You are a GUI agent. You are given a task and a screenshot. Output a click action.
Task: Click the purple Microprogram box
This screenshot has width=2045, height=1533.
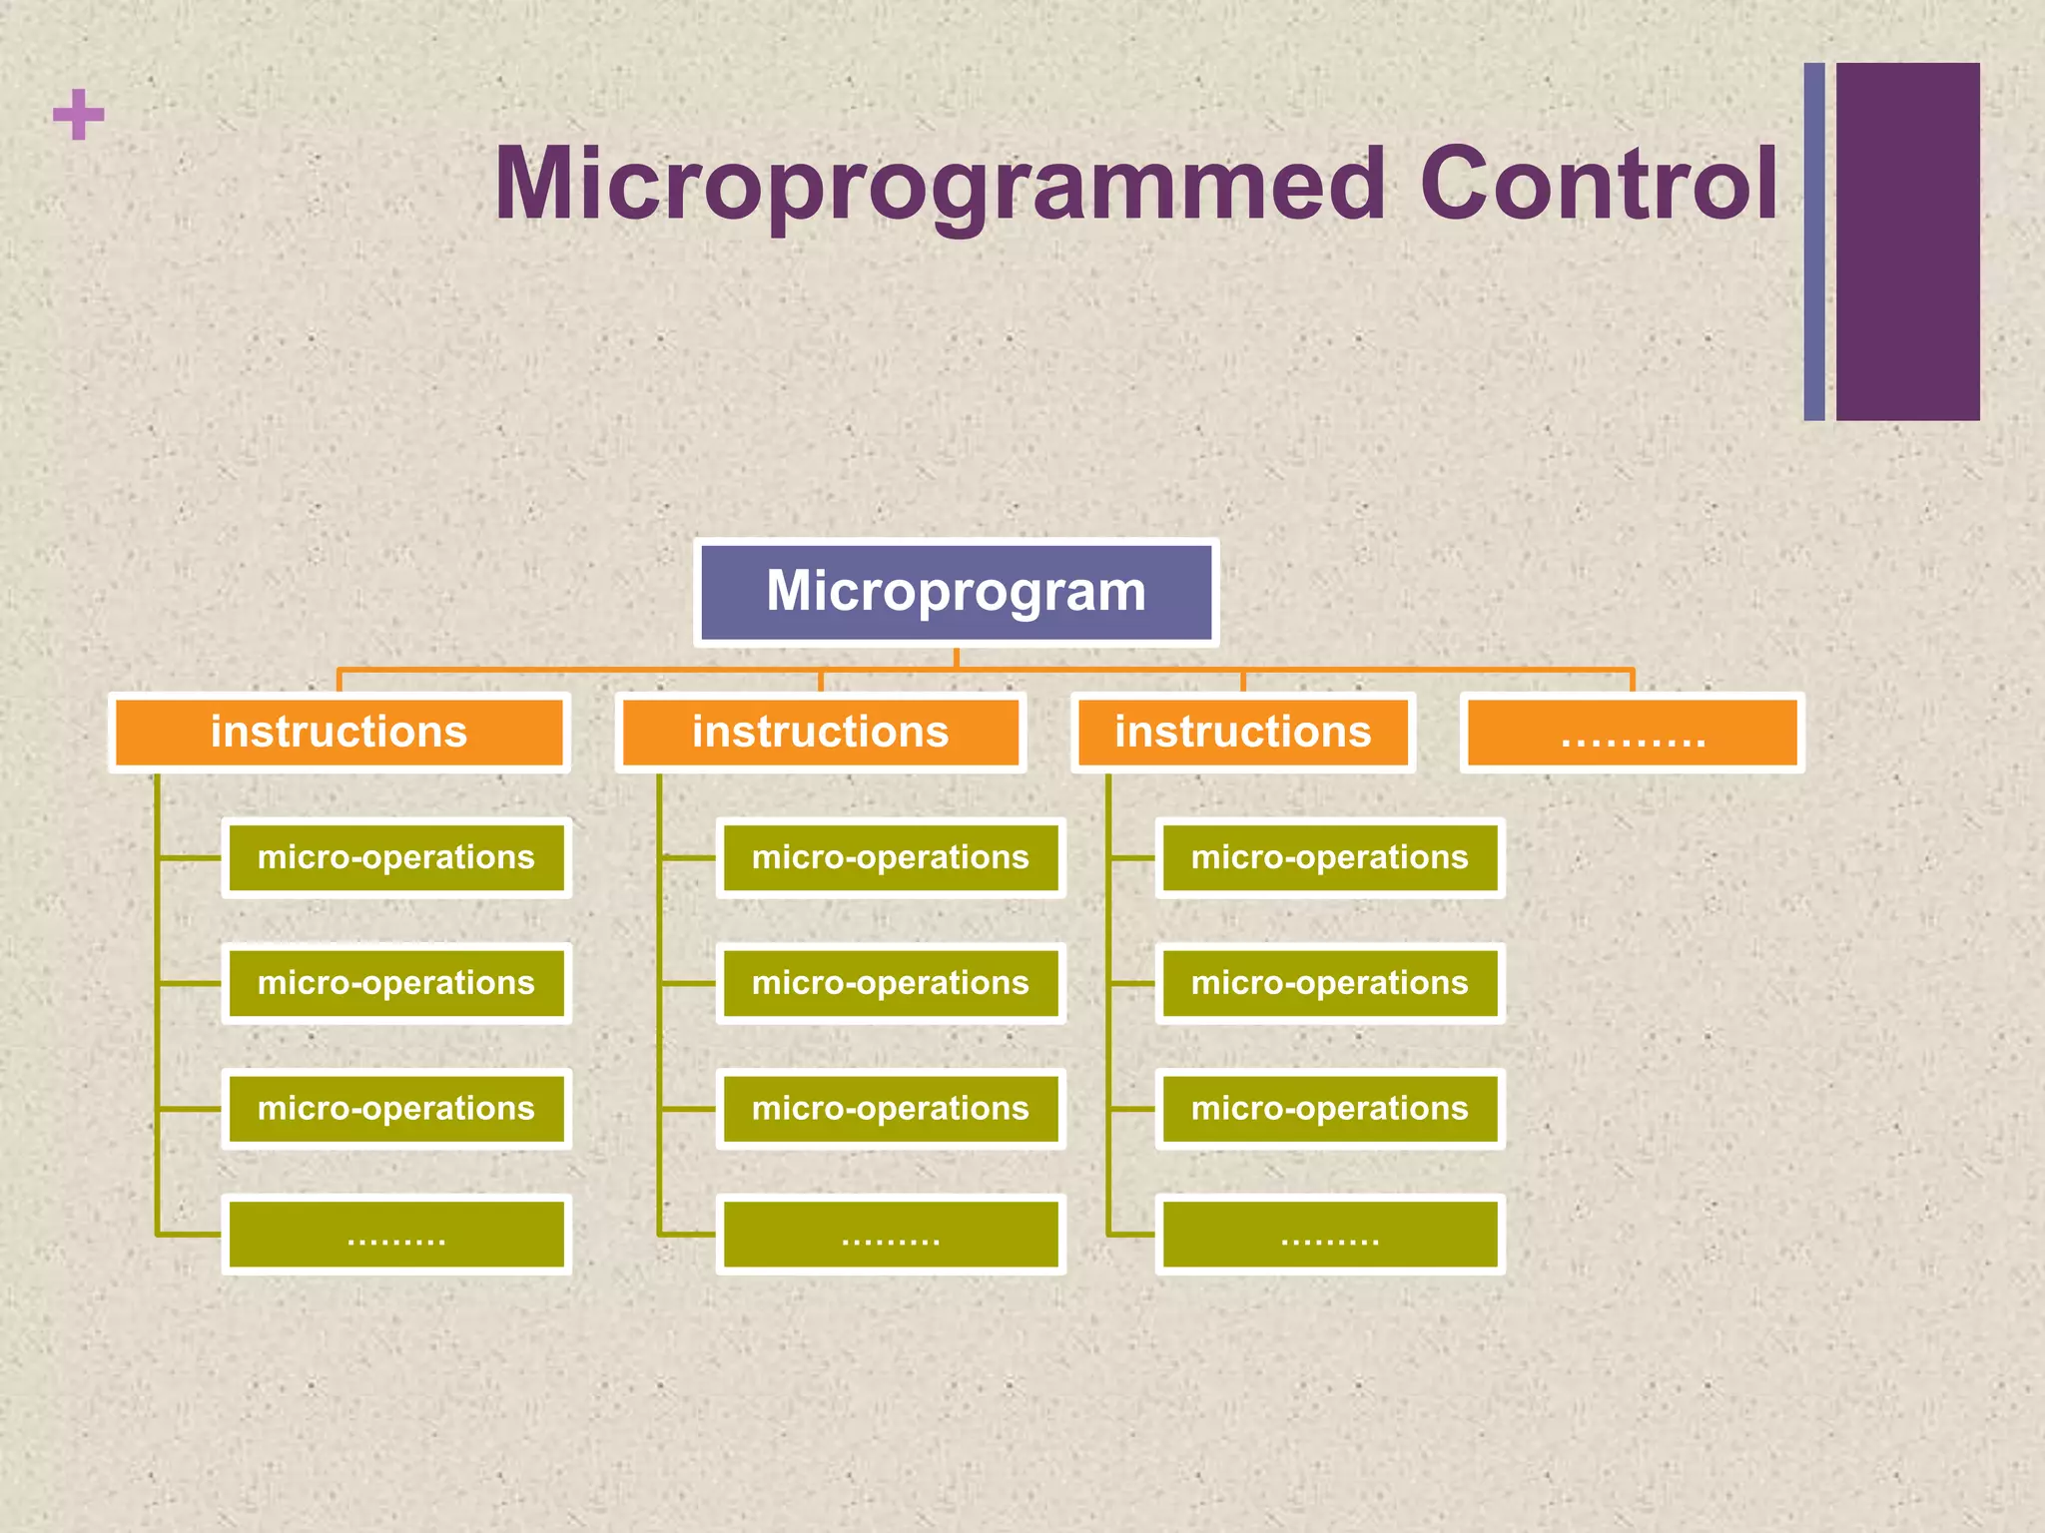(956, 592)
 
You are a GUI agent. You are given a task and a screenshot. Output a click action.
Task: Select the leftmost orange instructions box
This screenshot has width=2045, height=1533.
(339, 733)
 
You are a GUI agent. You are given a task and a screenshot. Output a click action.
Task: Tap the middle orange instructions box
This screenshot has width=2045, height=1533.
(820, 733)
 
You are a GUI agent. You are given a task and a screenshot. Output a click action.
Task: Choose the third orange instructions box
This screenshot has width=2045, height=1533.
(1242, 733)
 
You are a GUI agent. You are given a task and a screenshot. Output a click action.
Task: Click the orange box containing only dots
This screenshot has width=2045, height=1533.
(1632, 733)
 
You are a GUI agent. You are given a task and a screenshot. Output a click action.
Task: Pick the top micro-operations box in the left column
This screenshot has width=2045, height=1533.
(395, 857)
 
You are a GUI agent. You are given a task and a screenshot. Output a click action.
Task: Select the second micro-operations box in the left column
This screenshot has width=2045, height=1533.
(395, 983)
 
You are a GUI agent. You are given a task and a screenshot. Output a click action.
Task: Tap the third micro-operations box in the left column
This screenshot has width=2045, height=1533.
(395, 1109)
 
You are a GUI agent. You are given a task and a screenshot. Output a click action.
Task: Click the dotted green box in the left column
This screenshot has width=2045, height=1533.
(395, 1235)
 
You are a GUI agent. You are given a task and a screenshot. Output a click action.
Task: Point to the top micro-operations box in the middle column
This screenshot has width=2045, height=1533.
(890, 857)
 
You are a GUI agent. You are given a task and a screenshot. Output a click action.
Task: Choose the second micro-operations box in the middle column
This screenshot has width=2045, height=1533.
(890, 983)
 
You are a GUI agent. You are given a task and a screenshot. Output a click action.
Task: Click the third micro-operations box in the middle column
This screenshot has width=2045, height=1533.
(890, 1109)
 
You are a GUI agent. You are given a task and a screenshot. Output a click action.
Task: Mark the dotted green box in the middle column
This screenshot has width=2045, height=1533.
(890, 1235)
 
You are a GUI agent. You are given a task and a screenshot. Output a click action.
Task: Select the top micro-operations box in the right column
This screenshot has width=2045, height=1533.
(1329, 857)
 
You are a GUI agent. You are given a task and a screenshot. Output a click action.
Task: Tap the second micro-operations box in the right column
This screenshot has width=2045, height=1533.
(1329, 983)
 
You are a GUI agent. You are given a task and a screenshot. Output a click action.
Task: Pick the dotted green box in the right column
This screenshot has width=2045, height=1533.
(1329, 1235)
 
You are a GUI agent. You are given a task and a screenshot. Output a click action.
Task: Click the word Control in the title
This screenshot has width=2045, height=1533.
(1598, 184)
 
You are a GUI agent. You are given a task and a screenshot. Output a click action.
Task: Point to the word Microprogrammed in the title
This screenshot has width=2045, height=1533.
(939, 184)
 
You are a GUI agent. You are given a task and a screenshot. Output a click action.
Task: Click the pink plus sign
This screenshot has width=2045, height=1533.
(78, 115)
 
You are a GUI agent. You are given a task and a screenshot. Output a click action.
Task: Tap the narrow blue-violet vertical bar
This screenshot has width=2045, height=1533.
(1814, 242)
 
